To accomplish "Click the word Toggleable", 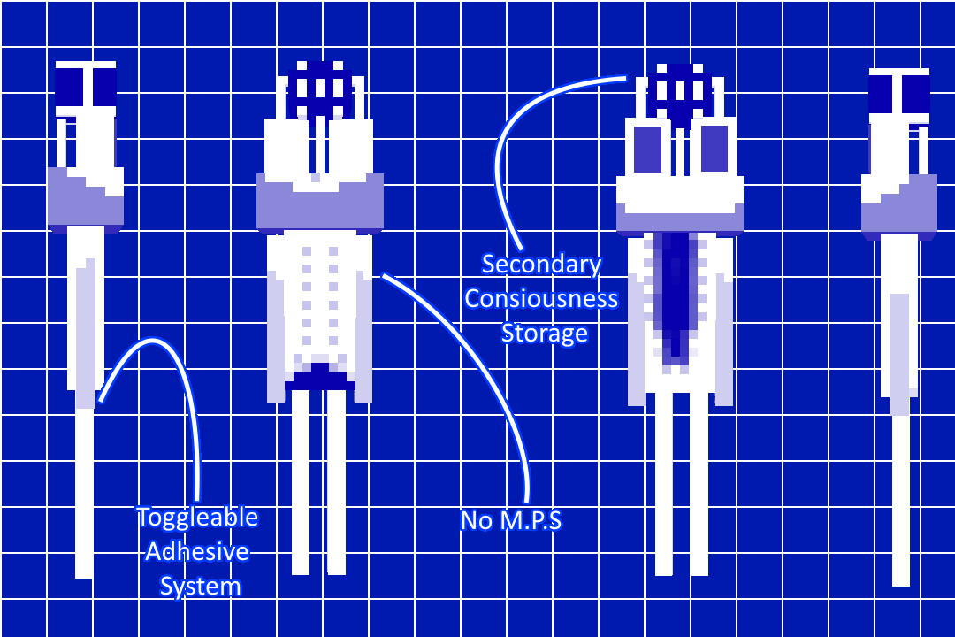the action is pos(197,518).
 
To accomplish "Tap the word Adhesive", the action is pos(197,552).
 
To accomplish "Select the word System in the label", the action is pos(201,587).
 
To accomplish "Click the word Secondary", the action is pos(541,265).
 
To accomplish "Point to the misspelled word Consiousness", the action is pos(541,299).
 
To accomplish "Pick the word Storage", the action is pos(545,334).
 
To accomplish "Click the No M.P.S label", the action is pos(511,520).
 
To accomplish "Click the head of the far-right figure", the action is pos(899,96).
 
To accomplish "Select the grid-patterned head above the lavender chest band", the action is pos(320,89).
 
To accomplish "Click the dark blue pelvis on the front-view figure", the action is pos(320,377).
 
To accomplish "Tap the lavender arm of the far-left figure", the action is pos(86,334).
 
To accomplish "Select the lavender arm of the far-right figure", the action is pos(899,354).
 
